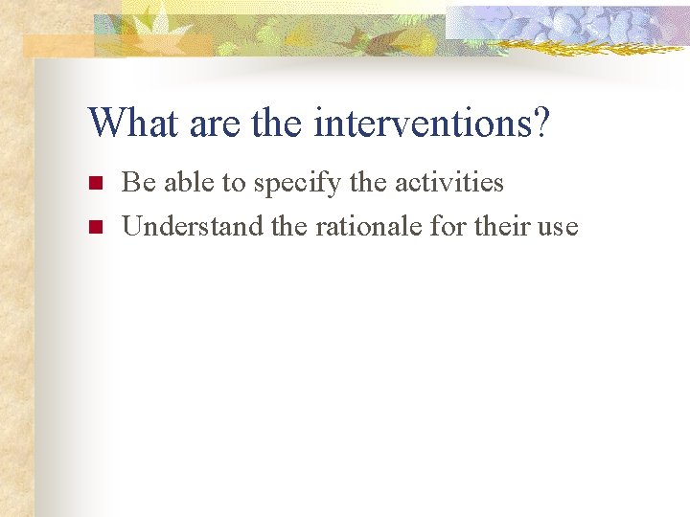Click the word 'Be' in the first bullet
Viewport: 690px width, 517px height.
click(x=137, y=182)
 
